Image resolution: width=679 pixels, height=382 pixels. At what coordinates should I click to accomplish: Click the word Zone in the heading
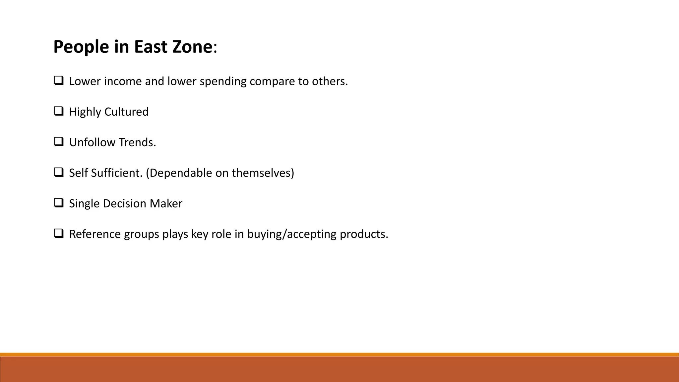coord(192,46)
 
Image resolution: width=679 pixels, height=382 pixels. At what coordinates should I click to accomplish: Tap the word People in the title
coord(81,46)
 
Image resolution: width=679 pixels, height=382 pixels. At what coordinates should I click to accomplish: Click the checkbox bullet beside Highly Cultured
coord(59,111)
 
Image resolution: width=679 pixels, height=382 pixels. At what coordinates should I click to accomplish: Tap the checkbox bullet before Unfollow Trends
coord(59,142)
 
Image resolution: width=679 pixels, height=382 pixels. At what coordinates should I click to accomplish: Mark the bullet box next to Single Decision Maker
coord(59,203)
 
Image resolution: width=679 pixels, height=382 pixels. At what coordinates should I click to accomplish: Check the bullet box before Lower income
coord(59,81)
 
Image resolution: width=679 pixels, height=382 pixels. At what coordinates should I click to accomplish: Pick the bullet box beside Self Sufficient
coord(59,172)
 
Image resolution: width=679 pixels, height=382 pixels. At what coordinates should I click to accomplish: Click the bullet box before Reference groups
coord(59,233)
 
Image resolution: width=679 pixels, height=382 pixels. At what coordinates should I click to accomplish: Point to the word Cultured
coord(126,112)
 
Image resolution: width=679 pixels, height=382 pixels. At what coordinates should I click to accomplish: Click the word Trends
coord(137,142)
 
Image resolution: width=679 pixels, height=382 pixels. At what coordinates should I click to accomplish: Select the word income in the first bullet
coord(123,81)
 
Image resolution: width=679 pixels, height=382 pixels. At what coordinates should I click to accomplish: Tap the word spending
coord(223,81)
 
